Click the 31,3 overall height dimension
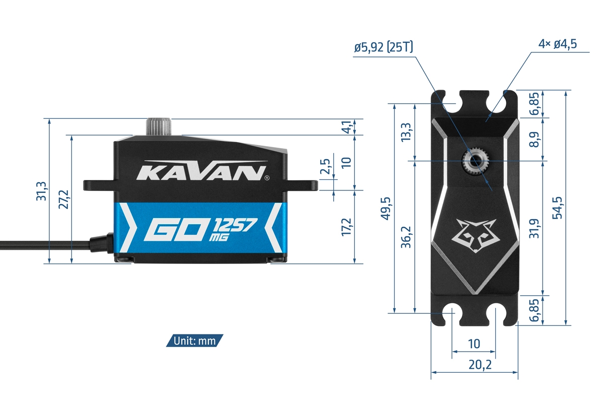pyautogui.click(x=41, y=190)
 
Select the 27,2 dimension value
pyautogui.click(x=64, y=199)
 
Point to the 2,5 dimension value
pyautogui.click(x=326, y=167)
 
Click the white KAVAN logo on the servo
pyautogui.click(x=201, y=172)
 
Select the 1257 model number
pyautogui.click(x=236, y=226)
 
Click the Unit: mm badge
pyautogui.click(x=194, y=341)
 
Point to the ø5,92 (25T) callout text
pyautogui.click(x=384, y=48)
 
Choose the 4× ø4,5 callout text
pyautogui.click(x=557, y=44)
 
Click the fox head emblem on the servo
pyautogui.click(x=476, y=235)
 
